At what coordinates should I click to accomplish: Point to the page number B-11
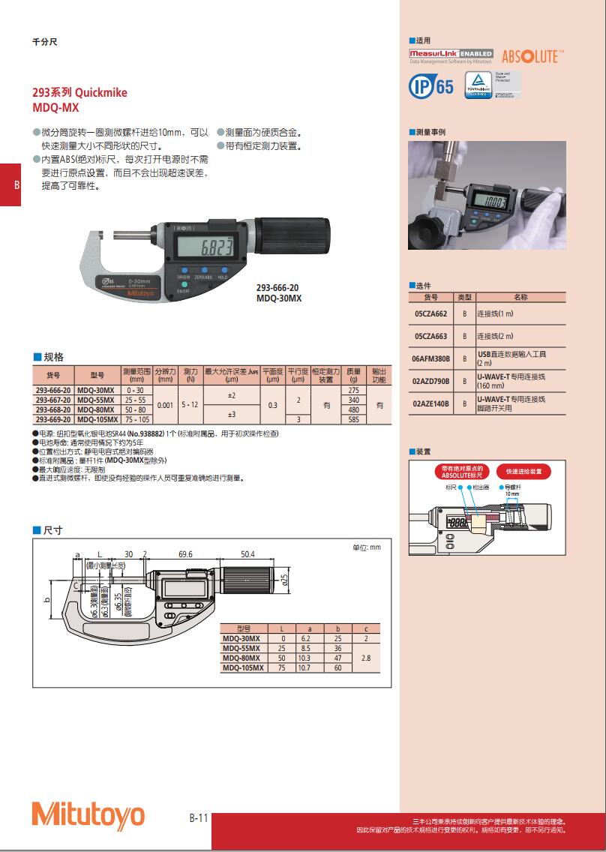coord(198,818)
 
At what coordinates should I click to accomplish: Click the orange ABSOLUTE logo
coord(532,57)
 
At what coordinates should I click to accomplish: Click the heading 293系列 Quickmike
coord(79,93)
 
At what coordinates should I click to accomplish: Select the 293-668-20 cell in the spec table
coord(53,410)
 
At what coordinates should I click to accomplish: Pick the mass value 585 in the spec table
coord(354,420)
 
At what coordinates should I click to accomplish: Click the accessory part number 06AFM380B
coord(430,359)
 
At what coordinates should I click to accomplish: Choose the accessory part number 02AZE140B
coord(430,403)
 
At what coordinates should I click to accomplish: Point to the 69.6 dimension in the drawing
coord(186,554)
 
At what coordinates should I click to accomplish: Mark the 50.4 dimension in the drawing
coord(247,554)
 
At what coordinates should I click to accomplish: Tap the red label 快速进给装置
coord(528,472)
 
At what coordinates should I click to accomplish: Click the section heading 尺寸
coord(52,530)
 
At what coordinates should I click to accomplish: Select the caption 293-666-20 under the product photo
coord(277,287)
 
